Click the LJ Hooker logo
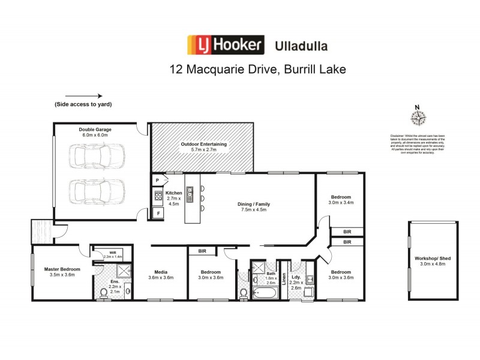(226, 44)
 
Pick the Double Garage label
(95, 129)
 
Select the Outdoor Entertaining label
(204, 145)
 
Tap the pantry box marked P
(157, 180)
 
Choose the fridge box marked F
(158, 213)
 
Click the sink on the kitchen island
(190, 192)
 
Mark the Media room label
(160, 274)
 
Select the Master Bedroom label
(62, 269)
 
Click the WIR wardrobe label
(112, 253)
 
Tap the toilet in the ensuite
(103, 293)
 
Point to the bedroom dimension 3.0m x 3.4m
(340, 203)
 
